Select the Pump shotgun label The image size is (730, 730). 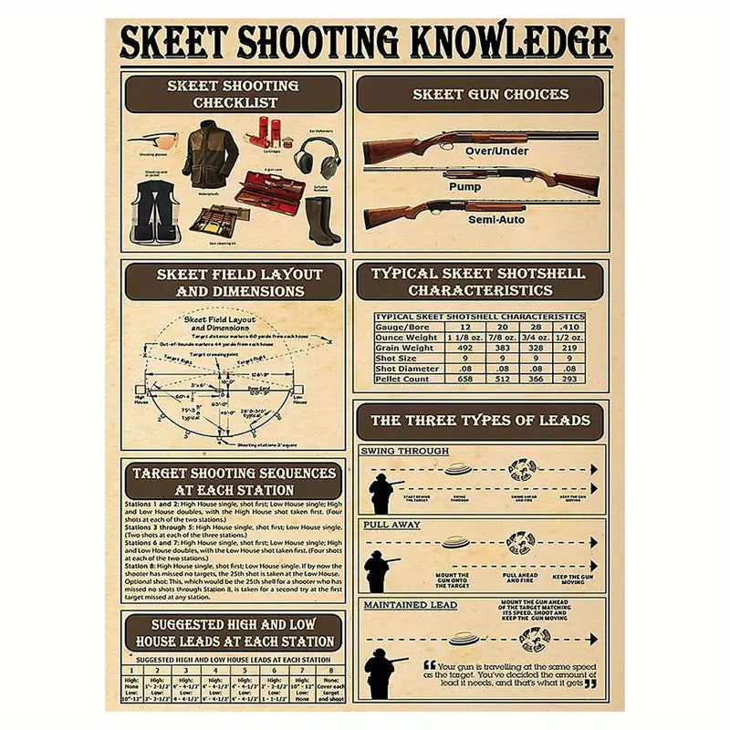click(x=464, y=186)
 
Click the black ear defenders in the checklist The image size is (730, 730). click(x=316, y=157)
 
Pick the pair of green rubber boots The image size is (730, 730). click(x=321, y=221)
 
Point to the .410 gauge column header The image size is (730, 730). click(x=569, y=327)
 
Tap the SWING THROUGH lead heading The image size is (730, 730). click(x=405, y=451)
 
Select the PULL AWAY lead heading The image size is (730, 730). click(x=391, y=525)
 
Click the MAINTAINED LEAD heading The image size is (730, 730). click(x=411, y=604)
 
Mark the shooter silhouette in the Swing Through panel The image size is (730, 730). click(x=381, y=494)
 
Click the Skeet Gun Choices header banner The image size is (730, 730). click(x=479, y=94)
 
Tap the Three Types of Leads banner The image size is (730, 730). click(x=480, y=421)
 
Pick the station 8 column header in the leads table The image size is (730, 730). click(x=330, y=671)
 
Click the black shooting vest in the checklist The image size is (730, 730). click(x=155, y=211)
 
